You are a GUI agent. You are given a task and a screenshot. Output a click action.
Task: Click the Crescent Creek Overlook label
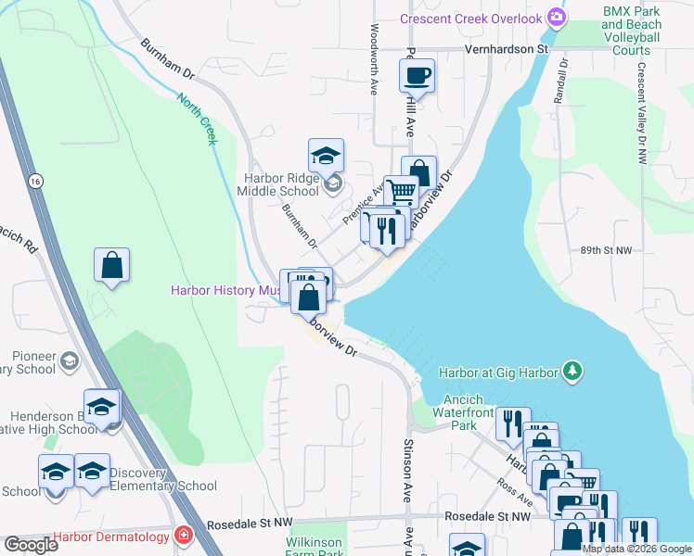click(470, 19)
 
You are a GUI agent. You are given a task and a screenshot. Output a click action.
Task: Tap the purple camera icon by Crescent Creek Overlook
click(557, 18)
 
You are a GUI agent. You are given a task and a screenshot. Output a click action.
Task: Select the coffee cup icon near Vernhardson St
click(418, 74)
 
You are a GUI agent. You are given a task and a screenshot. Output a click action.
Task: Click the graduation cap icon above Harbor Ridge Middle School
click(327, 155)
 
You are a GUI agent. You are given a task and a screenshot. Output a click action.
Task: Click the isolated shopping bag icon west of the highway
click(111, 265)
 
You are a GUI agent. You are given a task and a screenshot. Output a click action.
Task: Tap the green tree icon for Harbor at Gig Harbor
click(573, 373)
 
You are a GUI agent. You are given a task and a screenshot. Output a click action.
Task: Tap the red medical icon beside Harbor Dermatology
click(184, 536)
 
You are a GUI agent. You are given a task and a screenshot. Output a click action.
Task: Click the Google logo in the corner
click(31, 545)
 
